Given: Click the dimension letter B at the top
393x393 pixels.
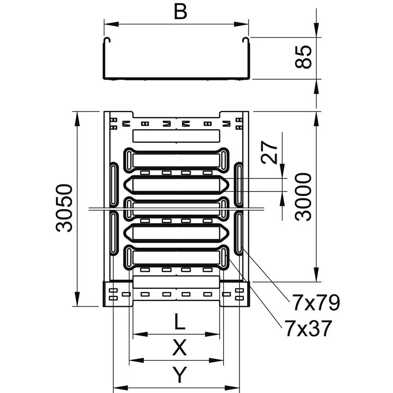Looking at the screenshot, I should (180, 12).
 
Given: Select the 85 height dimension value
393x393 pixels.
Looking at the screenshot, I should (303, 57).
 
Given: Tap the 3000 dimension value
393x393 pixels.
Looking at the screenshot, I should (304, 196).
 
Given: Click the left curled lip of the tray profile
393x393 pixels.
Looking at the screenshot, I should (107, 40).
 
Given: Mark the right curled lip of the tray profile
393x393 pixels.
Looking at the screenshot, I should (246, 40).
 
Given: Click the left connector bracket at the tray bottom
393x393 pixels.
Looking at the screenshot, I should (117, 294).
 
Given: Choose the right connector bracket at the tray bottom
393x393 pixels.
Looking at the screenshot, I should (235, 294).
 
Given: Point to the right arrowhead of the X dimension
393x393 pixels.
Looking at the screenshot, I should (219, 360).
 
